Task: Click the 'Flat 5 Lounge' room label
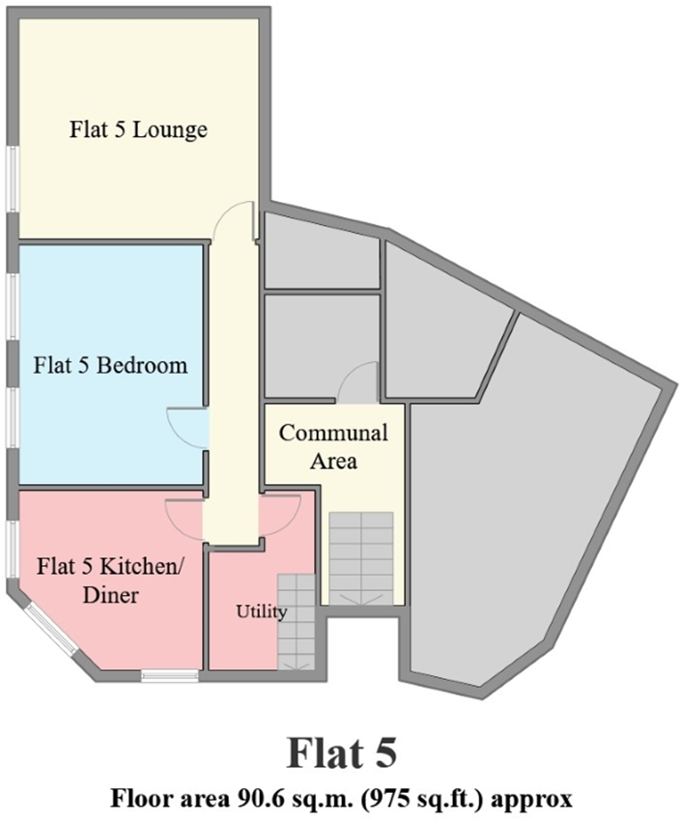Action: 138,129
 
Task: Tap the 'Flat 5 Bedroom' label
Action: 110,366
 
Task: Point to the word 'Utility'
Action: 262,612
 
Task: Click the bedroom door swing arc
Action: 187,427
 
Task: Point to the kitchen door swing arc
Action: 183,520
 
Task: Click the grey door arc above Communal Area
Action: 357,382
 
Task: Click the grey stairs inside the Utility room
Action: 297,622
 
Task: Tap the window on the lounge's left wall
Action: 11,178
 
